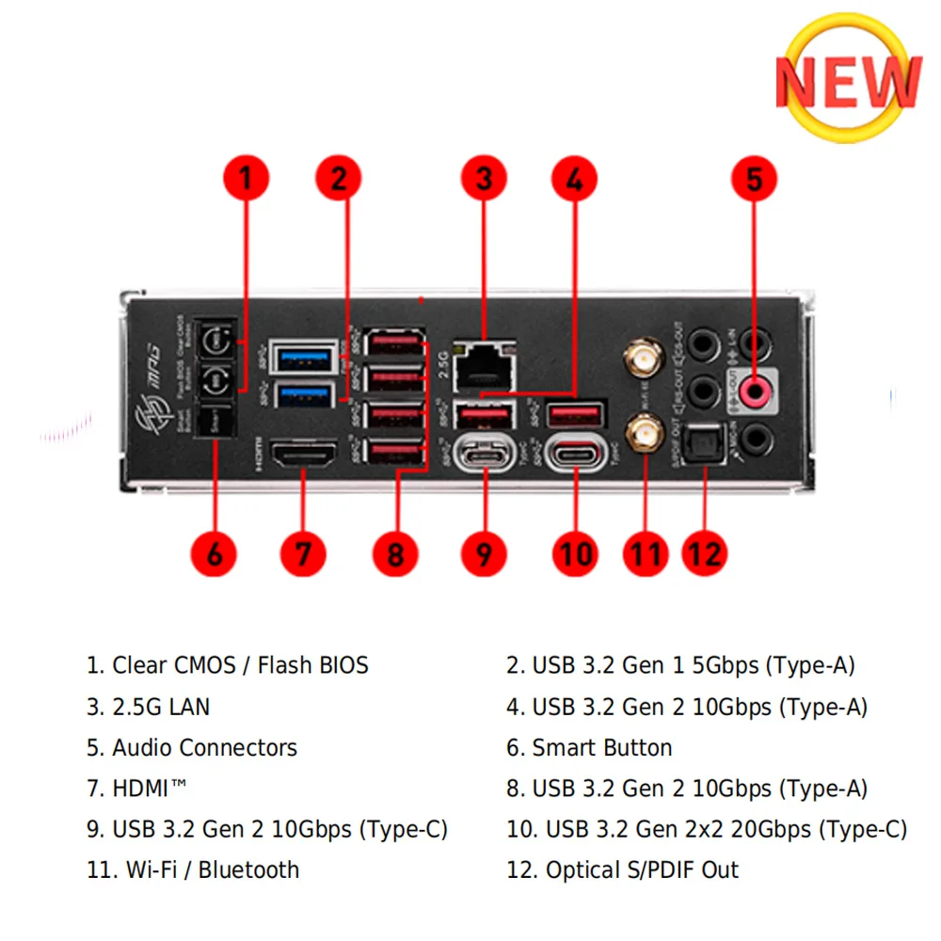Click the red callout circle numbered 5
click(755, 179)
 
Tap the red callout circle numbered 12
click(704, 552)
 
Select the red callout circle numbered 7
click(303, 552)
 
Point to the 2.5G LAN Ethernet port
click(485, 362)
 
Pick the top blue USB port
click(303, 358)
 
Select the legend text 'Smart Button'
click(602, 748)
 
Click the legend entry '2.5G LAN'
click(161, 707)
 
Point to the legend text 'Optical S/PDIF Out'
click(642, 869)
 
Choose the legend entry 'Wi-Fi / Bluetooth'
click(212, 869)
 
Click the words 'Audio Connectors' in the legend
click(204, 748)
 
